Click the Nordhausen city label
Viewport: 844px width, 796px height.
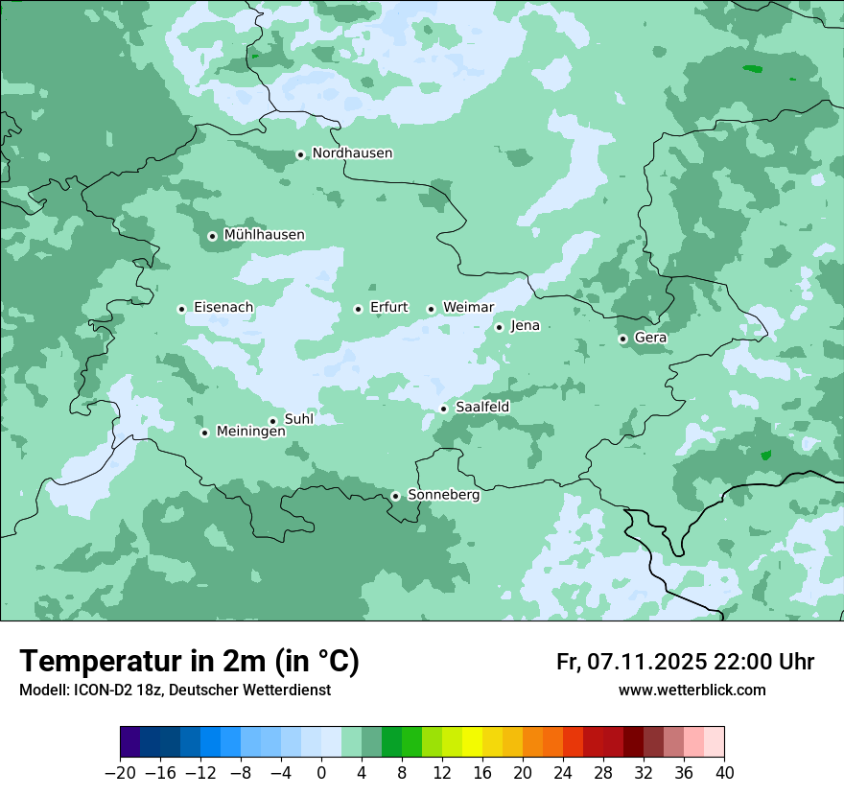point(352,153)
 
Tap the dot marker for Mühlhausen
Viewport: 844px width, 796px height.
point(212,236)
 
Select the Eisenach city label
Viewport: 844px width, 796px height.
point(223,308)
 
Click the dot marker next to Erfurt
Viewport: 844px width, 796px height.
point(358,309)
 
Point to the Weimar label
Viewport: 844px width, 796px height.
point(468,308)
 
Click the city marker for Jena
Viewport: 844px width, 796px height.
point(499,327)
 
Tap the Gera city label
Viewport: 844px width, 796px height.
point(650,338)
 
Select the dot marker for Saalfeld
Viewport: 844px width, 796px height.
point(443,409)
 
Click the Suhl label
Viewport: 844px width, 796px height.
point(299,419)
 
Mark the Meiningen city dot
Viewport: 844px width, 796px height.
point(204,433)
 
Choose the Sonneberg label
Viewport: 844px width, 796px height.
point(443,495)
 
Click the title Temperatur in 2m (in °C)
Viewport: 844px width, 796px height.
point(189,662)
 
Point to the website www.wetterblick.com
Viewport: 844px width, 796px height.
point(692,691)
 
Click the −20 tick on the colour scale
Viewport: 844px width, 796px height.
point(120,773)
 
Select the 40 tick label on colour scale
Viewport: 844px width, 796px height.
point(724,773)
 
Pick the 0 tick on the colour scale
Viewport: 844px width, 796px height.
point(321,773)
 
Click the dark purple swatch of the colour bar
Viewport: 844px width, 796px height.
point(130,742)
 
